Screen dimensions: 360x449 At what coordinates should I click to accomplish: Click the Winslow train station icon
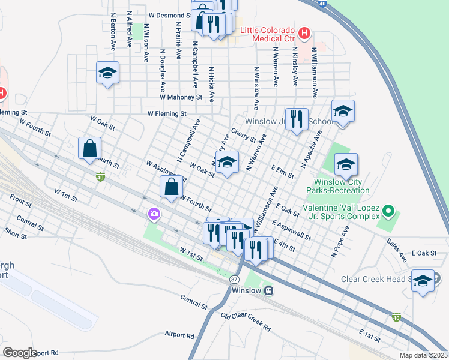[270, 290]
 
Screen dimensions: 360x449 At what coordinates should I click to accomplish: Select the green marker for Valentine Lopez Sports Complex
[388, 211]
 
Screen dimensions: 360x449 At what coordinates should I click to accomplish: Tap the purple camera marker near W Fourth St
[155, 214]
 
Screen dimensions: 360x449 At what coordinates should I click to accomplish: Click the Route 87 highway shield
[234, 280]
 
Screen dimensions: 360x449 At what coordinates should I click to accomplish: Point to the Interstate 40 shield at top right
[322, 3]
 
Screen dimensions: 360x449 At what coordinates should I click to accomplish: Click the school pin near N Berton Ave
[107, 73]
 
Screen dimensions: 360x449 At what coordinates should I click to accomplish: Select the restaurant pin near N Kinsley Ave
[297, 120]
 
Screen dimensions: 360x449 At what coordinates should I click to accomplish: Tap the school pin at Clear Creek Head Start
[423, 281]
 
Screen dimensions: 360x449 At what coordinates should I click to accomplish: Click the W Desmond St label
[170, 15]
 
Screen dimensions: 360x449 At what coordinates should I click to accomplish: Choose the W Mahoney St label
[181, 97]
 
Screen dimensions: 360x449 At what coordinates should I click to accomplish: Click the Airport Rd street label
[179, 335]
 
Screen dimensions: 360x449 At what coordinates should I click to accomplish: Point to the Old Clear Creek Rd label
[246, 322]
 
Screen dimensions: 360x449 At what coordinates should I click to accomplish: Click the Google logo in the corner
[20, 352]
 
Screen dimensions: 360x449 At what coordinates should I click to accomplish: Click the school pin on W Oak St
[227, 163]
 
